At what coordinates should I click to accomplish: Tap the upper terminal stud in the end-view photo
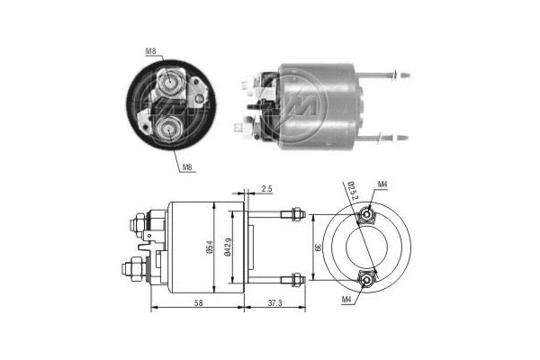[168, 85]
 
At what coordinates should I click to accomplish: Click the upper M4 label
[382, 184]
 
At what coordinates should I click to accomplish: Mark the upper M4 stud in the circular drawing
[367, 215]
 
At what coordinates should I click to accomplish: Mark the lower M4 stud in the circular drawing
[367, 282]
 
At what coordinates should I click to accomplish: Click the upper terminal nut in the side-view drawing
[140, 220]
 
